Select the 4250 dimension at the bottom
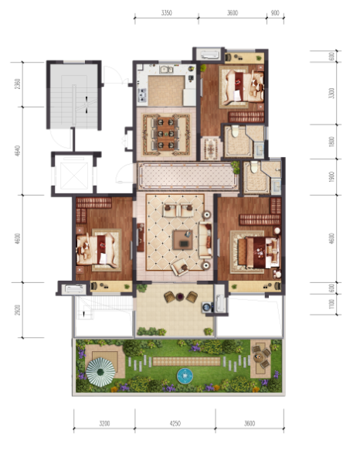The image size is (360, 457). click(175, 424)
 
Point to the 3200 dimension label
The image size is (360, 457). click(104, 424)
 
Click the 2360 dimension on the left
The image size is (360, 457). click(17, 84)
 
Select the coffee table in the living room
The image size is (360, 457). click(182, 239)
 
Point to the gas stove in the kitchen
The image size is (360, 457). click(141, 96)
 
